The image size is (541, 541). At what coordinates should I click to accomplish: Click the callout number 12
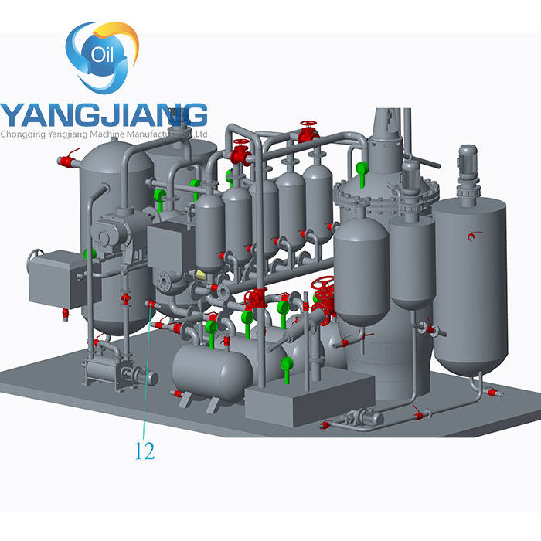point(145,451)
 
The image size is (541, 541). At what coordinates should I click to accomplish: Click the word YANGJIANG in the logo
point(104,114)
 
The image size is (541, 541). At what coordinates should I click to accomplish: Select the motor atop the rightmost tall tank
point(467,165)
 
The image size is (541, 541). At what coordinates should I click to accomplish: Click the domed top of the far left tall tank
point(116,151)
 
